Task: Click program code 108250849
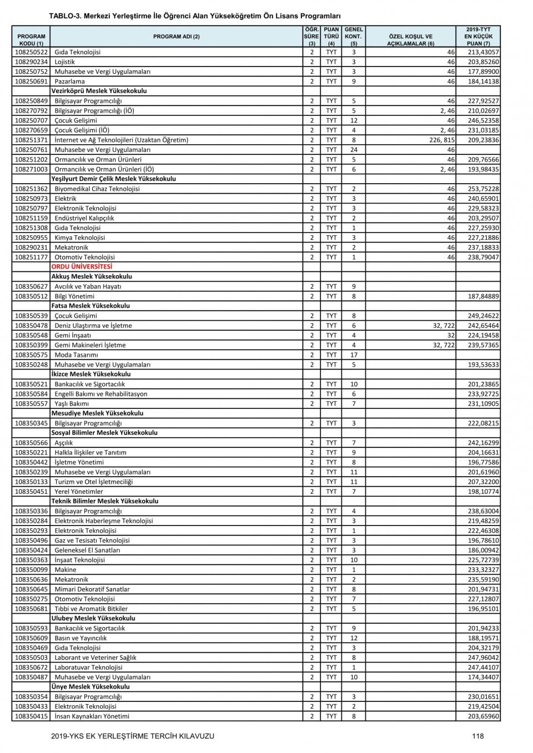coord(31,101)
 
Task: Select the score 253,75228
coord(478,189)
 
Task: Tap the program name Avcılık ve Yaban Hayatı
coord(88,286)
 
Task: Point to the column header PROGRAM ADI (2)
coord(176,37)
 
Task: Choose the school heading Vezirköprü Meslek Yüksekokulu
coord(99,91)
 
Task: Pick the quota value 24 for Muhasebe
coord(354,150)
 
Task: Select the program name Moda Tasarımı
coord(76,355)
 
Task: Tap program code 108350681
coord(31,609)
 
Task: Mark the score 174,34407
coord(478,677)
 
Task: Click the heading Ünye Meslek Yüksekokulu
coord(90,687)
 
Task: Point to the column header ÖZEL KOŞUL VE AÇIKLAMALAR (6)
coord(410,40)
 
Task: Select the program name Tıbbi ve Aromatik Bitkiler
coord(91,609)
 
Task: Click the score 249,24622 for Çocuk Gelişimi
coord(478,316)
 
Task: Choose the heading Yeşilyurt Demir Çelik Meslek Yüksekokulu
coord(113,179)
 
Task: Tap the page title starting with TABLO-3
coord(194,16)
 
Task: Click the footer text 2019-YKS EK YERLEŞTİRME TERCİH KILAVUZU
coord(132,736)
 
